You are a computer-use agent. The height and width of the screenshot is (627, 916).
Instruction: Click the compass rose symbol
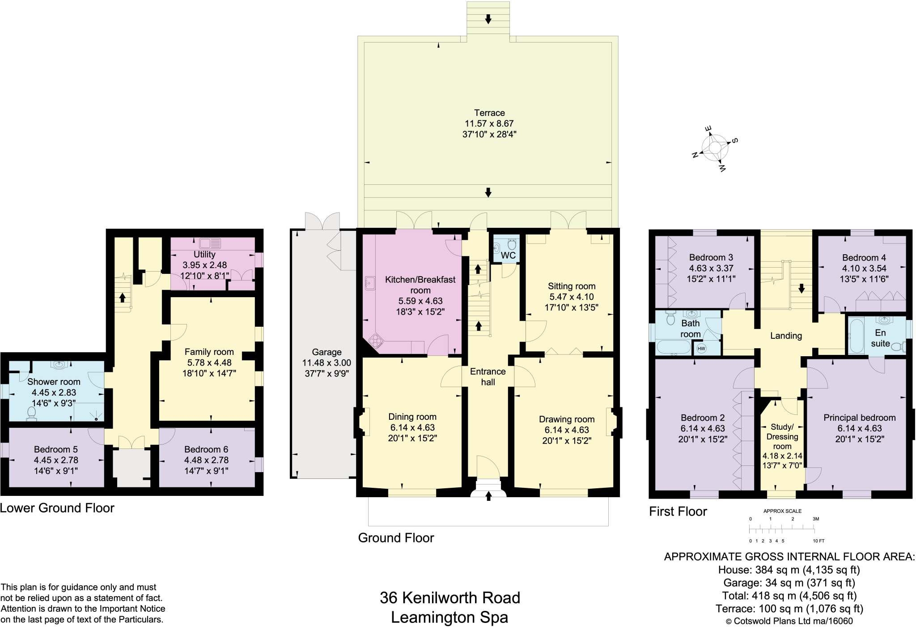715,148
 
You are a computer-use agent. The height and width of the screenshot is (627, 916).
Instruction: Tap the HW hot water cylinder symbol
701,349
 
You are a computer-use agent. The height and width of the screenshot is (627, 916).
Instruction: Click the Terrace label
489,113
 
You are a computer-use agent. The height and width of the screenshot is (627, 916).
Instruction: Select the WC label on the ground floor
508,256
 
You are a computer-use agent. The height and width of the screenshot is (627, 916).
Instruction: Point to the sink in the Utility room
211,243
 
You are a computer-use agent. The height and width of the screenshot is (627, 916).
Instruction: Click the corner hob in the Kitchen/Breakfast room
376,341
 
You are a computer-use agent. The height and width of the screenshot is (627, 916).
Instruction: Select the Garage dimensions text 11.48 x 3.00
327,363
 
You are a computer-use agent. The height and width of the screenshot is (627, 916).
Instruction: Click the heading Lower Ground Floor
57,508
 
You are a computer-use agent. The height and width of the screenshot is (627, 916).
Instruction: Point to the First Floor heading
678,512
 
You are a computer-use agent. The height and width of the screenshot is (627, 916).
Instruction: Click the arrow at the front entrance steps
488,496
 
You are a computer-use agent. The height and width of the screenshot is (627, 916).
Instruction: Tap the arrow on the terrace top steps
488,19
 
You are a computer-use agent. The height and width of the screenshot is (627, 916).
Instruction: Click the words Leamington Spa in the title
450,618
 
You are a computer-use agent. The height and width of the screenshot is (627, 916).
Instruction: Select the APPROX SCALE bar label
782,511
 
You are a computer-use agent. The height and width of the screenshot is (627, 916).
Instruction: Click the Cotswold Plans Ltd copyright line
789,621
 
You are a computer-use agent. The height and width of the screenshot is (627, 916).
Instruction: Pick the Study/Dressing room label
782,436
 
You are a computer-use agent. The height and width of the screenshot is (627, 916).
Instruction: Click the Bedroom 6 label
206,449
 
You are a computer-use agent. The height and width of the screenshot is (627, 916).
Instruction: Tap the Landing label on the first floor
786,336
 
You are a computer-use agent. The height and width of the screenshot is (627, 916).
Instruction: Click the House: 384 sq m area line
789,570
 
